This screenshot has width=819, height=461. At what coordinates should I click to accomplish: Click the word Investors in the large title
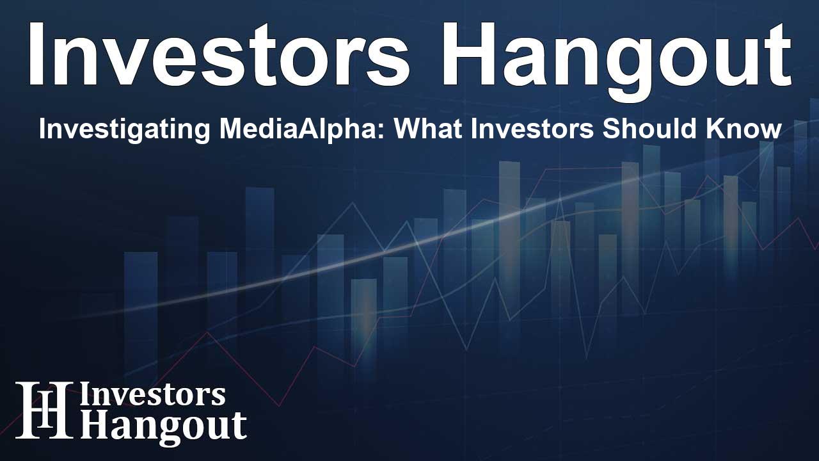coord(219,54)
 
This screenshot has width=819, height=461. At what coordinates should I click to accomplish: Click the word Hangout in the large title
coord(616,60)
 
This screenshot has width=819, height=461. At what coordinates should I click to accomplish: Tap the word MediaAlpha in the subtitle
coord(301,129)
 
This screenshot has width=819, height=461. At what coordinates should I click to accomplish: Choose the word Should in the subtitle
coord(644,129)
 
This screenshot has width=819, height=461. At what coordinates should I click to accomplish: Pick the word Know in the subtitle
coord(738,129)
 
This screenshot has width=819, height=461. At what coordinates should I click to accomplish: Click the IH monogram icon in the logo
coord(44,410)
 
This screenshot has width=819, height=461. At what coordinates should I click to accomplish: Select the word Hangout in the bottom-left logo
coord(163,426)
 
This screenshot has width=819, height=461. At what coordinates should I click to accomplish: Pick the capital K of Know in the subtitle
coord(704,129)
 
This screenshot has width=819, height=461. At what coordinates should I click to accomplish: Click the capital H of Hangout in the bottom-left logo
coord(93,425)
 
